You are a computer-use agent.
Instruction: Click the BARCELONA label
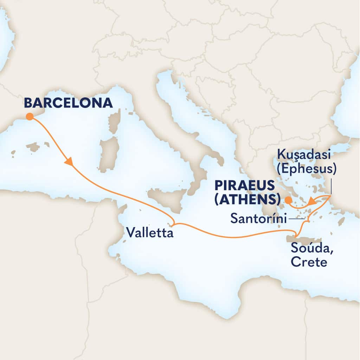click(x=69, y=103)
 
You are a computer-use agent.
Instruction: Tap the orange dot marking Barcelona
click(x=30, y=116)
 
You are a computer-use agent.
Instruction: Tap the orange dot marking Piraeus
click(x=288, y=201)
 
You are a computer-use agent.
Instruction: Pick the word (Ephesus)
click(x=307, y=169)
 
